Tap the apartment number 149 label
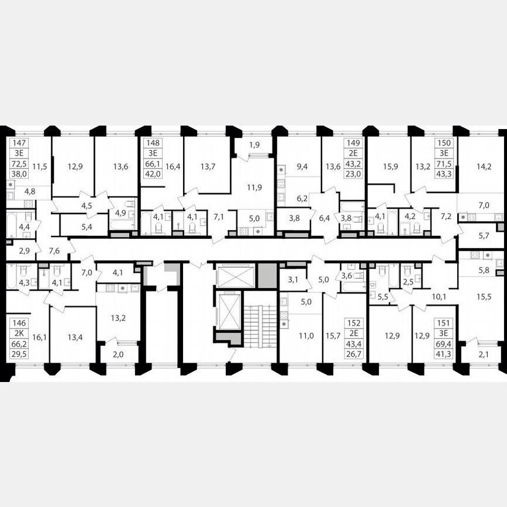(x=355, y=143)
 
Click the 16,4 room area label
(x=172, y=167)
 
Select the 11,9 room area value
(x=253, y=188)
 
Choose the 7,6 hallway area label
(x=55, y=251)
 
